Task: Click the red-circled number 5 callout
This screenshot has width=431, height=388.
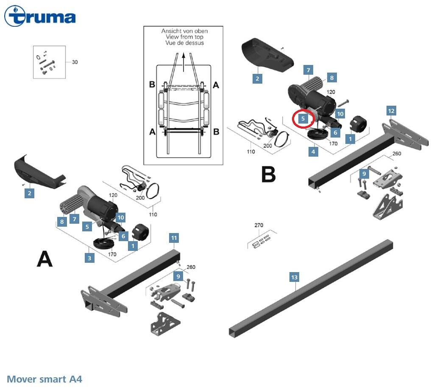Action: (303, 118)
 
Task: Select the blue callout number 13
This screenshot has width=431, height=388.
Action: (294, 277)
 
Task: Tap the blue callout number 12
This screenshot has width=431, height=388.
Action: (391, 111)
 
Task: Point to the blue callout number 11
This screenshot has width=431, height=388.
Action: (174, 238)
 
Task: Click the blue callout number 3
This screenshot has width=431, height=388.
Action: (89, 257)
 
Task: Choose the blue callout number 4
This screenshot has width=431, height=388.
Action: (313, 151)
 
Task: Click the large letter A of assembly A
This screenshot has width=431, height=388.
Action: (45, 259)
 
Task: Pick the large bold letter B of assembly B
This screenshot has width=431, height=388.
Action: (268, 174)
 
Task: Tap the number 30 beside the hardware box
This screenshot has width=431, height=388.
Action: (75, 62)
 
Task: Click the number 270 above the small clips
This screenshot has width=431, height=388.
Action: (259, 225)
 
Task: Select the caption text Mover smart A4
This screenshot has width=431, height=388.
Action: (44, 379)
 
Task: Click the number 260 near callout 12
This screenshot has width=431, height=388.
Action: (397, 154)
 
